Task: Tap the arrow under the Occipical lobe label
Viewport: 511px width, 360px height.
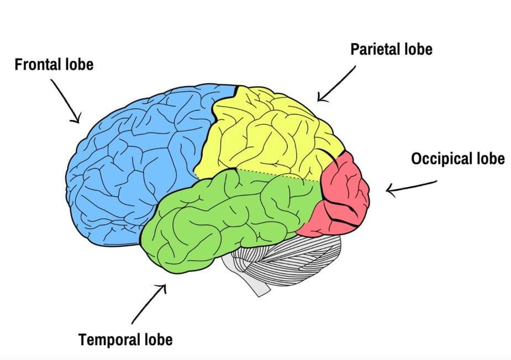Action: click(x=411, y=186)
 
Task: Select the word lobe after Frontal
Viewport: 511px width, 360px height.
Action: click(x=80, y=65)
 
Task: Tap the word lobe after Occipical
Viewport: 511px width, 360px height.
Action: click(x=491, y=159)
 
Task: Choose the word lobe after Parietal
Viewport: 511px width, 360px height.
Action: click(x=418, y=49)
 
